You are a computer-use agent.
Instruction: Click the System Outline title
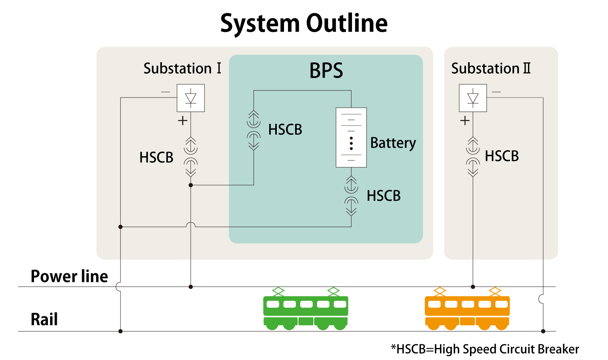point(304,23)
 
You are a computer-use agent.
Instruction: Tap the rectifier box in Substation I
point(191,98)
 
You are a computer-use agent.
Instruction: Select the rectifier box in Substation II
point(473,98)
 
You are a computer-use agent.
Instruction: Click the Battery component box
point(351,137)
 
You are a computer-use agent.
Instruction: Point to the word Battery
point(393,143)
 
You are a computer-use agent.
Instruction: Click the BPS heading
point(326,71)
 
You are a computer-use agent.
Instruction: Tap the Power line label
point(69,276)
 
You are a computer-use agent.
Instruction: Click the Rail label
point(44,319)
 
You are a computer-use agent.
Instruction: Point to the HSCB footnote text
point(485,349)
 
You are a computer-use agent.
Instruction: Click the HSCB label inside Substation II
point(502,156)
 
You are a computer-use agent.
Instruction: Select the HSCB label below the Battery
point(384,196)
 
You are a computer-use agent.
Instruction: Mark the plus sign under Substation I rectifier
point(182,120)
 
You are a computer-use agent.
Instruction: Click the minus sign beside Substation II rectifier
point(496,92)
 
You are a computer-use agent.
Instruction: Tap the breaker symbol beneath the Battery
point(351,196)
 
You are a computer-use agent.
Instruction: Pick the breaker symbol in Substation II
point(473,156)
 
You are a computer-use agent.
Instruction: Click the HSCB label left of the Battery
point(285,130)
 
